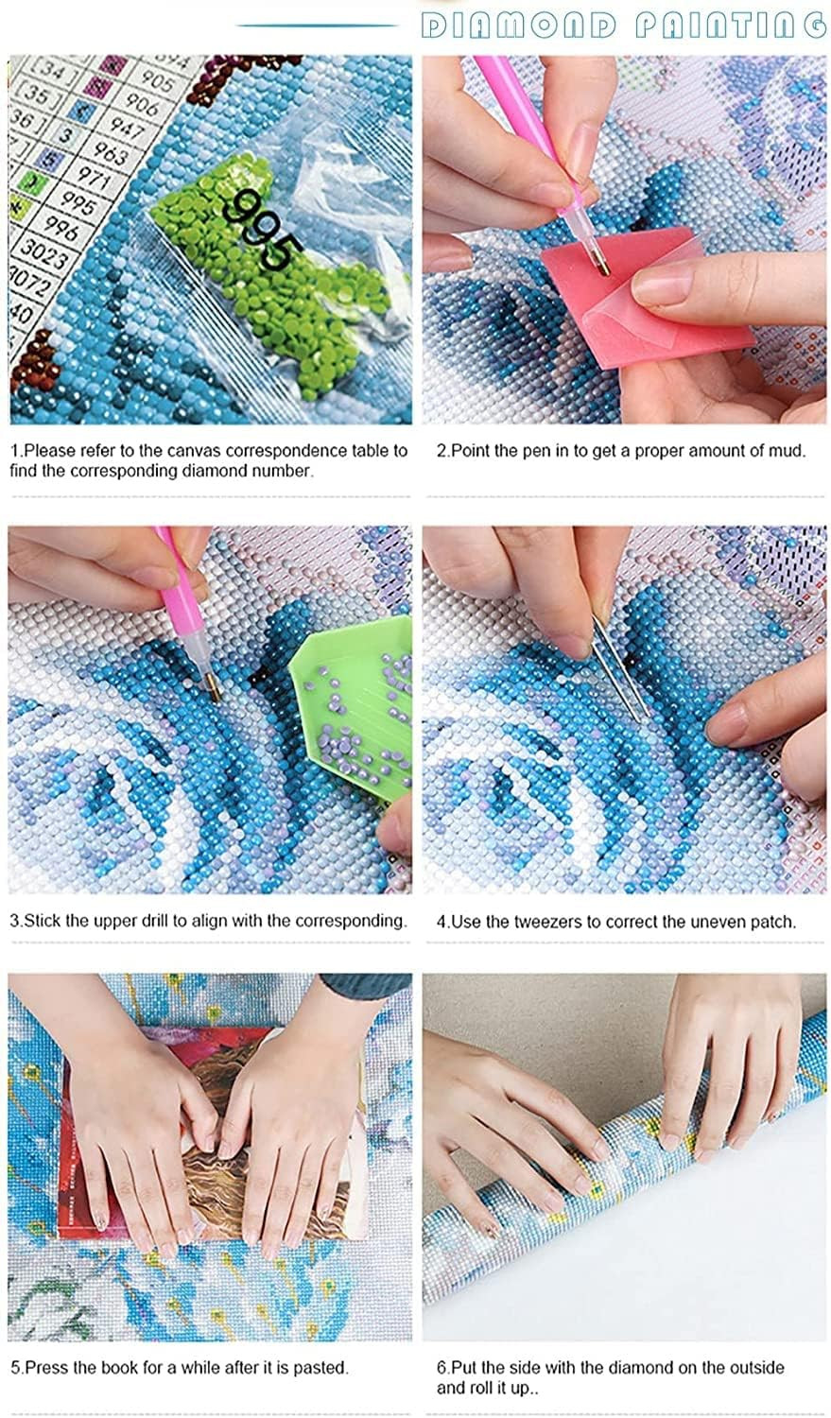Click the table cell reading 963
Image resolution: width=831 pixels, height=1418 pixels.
pos(110,152)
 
